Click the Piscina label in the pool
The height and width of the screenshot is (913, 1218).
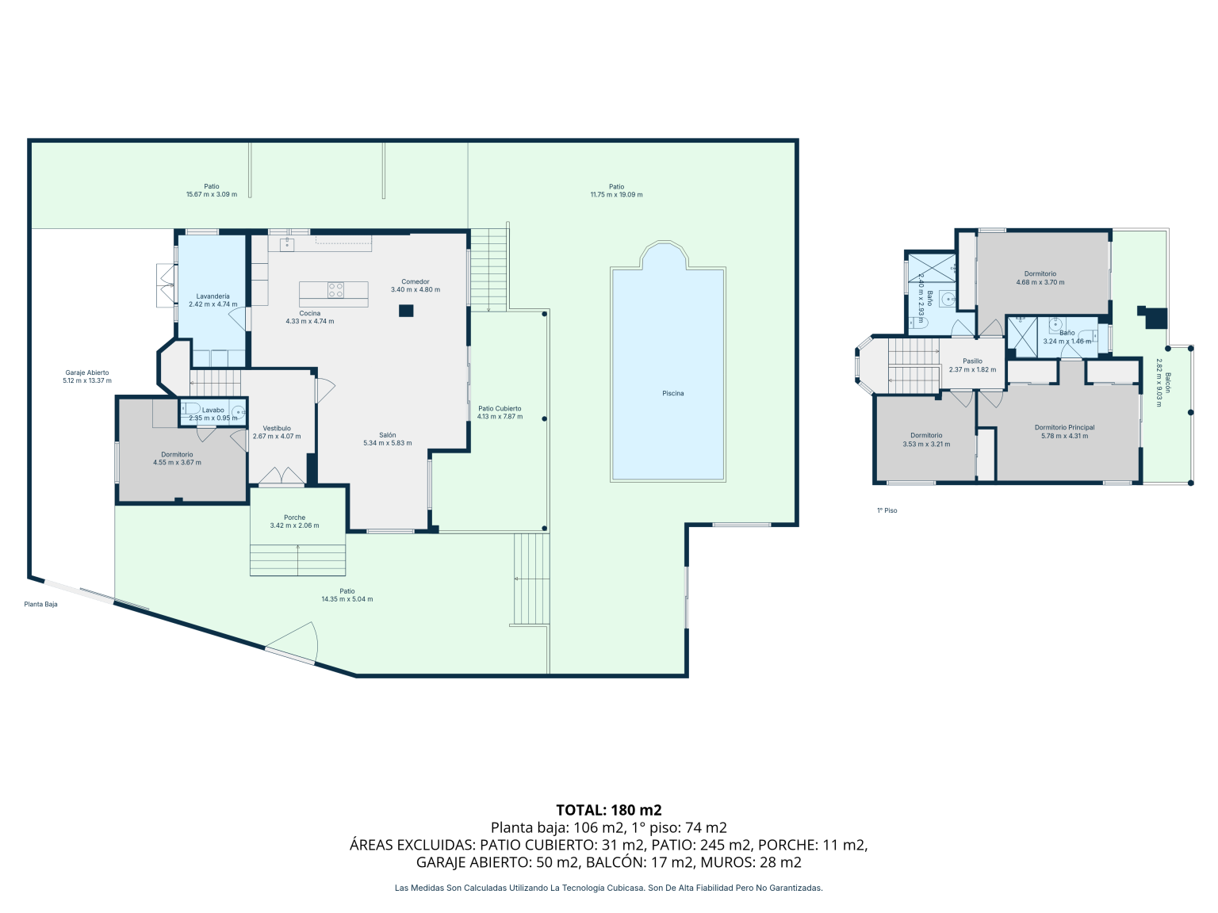tap(672, 393)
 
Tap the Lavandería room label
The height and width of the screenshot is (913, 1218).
tap(213, 296)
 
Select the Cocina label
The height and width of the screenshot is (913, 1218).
tap(309, 313)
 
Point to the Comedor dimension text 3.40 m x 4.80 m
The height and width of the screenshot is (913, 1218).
tap(415, 289)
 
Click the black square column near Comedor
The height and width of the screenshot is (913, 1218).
tap(406, 311)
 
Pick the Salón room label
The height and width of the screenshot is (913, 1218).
tap(387, 435)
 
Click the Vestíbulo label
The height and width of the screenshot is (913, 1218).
tap(276, 428)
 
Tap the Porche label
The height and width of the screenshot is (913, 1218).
tap(294, 518)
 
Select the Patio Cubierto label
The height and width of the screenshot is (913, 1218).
tap(500, 408)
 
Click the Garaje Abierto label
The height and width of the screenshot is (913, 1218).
tap(87, 372)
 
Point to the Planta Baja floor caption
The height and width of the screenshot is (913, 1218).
tap(40, 604)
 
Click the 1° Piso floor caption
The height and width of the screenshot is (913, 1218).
tap(887, 510)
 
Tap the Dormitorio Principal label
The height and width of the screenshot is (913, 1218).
tap(1064, 427)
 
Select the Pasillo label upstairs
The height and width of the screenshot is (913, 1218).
tap(972, 361)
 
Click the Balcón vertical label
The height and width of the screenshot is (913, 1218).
tap(1167, 383)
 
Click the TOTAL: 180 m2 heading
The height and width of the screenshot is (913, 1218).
tap(609, 811)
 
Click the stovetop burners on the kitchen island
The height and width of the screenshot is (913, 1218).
tap(335, 290)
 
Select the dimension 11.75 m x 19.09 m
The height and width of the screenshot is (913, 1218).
tap(616, 195)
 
